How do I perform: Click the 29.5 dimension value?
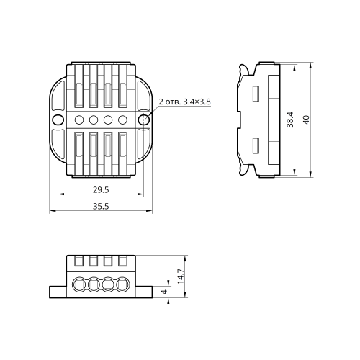click(101, 190)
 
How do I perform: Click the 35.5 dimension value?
click(101, 206)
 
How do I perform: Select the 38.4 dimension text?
click(290, 120)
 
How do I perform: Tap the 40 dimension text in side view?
click(306, 120)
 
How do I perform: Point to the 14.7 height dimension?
click(181, 276)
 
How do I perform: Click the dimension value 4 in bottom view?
click(164, 292)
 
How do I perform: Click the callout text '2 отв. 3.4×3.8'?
click(184, 102)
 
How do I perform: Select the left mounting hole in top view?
click(58, 120)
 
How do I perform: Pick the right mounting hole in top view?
click(144, 120)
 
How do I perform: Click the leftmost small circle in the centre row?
click(79, 120)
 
